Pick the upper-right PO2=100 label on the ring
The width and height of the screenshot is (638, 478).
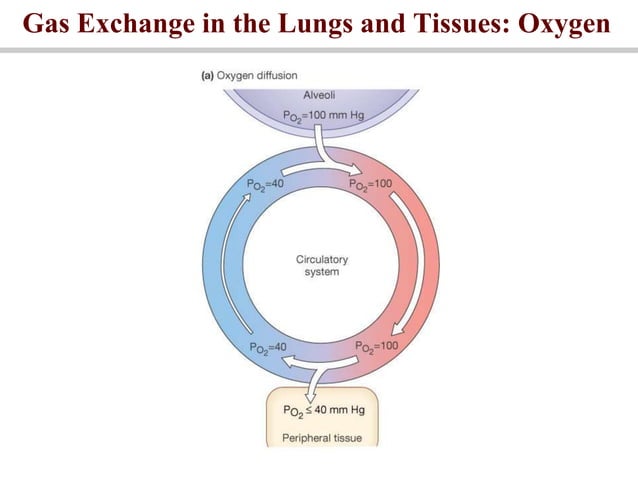(x=372, y=185)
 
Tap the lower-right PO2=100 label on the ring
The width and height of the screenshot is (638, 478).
(x=377, y=346)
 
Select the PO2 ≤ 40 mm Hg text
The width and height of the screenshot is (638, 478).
(x=321, y=411)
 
